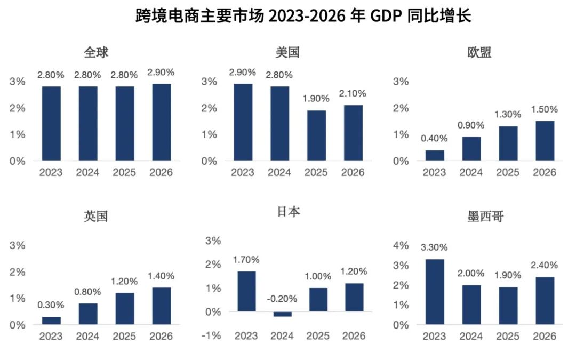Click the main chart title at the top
click(303, 16)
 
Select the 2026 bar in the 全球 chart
click(162, 122)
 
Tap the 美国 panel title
click(287, 52)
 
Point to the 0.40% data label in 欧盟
click(434, 139)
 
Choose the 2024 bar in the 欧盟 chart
click(471, 148)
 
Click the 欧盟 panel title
click(479, 52)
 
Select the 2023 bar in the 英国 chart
click(51, 321)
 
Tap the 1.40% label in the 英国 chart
click(161, 276)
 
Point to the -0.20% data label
click(282, 299)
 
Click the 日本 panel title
click(288, 212)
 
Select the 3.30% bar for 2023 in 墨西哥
click(435, 292)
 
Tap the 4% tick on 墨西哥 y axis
click(401, 245)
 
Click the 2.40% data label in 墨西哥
click(545, 265)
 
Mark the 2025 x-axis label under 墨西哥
click(508, 337)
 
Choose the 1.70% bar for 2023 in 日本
click(246, 291)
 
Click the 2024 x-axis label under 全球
click(87, 173)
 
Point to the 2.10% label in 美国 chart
click(353, 93)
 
